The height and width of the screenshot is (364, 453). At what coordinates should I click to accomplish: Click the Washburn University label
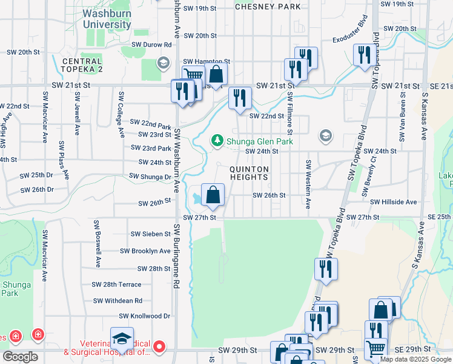(x=106, y=18)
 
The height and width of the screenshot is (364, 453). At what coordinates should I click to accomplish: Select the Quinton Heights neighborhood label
(x=248, y=173)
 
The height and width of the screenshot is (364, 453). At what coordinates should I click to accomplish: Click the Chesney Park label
(x=267, y=7)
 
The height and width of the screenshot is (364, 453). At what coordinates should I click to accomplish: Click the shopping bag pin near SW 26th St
(x=213, y=195)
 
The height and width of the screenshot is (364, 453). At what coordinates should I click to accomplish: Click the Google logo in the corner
(x=20, y=357)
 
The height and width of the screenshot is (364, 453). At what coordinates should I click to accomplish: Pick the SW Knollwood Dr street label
(x=145, y=316)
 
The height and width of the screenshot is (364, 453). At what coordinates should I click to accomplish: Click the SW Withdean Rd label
(x=117, y=300)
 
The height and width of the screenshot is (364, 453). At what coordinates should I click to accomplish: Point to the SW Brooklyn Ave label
(x=145, y=251)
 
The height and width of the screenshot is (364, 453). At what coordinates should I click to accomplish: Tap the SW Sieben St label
(x=151, y=234)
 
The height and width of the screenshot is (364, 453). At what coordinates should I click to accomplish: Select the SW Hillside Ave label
(x=393, y=202)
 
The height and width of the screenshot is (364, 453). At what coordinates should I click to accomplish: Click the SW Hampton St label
(x=207, y=61)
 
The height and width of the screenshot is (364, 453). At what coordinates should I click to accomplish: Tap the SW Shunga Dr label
(x=150, y=177)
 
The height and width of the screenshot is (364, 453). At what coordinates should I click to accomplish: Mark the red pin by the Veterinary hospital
(x=159, y=347)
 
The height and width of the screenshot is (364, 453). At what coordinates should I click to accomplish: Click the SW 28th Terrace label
(x=116, y=284)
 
